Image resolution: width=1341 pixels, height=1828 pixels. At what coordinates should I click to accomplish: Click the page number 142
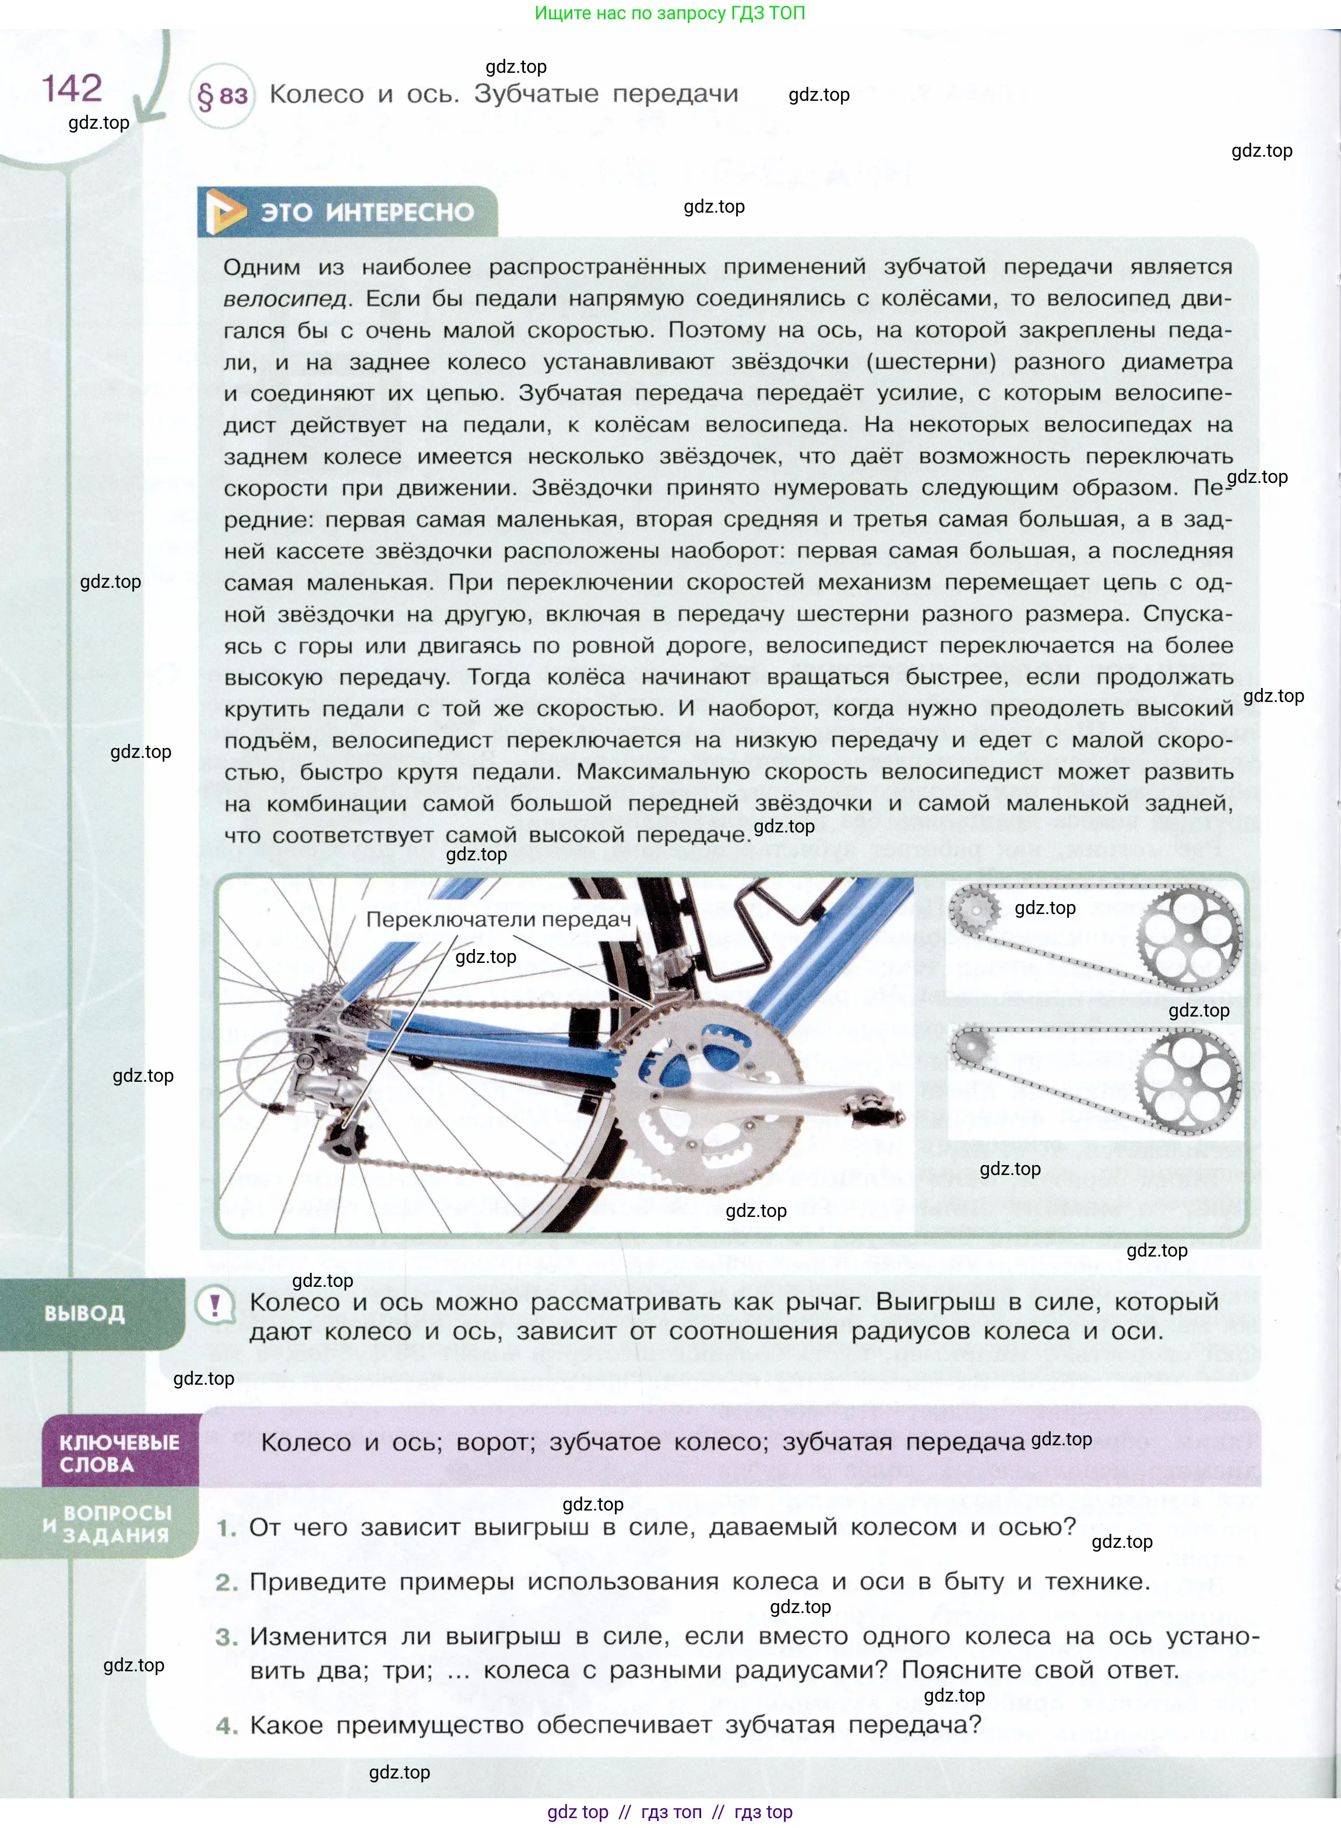(72, 89)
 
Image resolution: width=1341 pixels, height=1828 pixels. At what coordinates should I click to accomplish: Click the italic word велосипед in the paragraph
(285, 299)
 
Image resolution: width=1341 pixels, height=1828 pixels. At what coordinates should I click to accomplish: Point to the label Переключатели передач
(498, 919)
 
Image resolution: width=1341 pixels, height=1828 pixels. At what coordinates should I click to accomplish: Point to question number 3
(227, 1638)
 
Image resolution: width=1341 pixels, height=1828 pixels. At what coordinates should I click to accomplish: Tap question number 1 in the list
(227, 1528)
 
